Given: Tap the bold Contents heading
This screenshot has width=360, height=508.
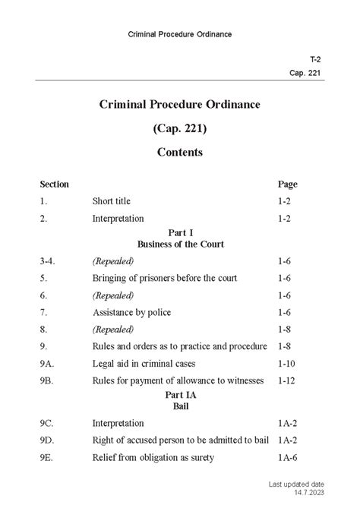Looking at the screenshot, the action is [180, 152].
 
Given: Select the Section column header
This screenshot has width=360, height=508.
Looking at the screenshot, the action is [54, 185].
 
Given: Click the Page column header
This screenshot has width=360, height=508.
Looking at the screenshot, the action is [288, 185].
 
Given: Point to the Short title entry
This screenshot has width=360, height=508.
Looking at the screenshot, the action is [112, 201].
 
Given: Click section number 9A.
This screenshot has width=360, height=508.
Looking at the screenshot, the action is [49, 363].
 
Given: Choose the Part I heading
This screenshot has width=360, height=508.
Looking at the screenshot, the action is [180, 232].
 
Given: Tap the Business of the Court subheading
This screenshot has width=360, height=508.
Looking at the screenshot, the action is [180, 245].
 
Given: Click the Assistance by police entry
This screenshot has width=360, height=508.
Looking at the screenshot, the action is [132, 312].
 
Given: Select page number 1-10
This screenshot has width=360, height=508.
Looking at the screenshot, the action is [289, 363].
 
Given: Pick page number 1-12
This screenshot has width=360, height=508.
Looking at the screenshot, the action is [289, 380].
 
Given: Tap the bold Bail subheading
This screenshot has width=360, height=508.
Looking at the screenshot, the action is [180, 406].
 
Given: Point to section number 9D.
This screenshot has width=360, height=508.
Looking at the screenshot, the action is [49, 440].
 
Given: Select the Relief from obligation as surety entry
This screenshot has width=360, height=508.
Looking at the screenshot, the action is [153, 457].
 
